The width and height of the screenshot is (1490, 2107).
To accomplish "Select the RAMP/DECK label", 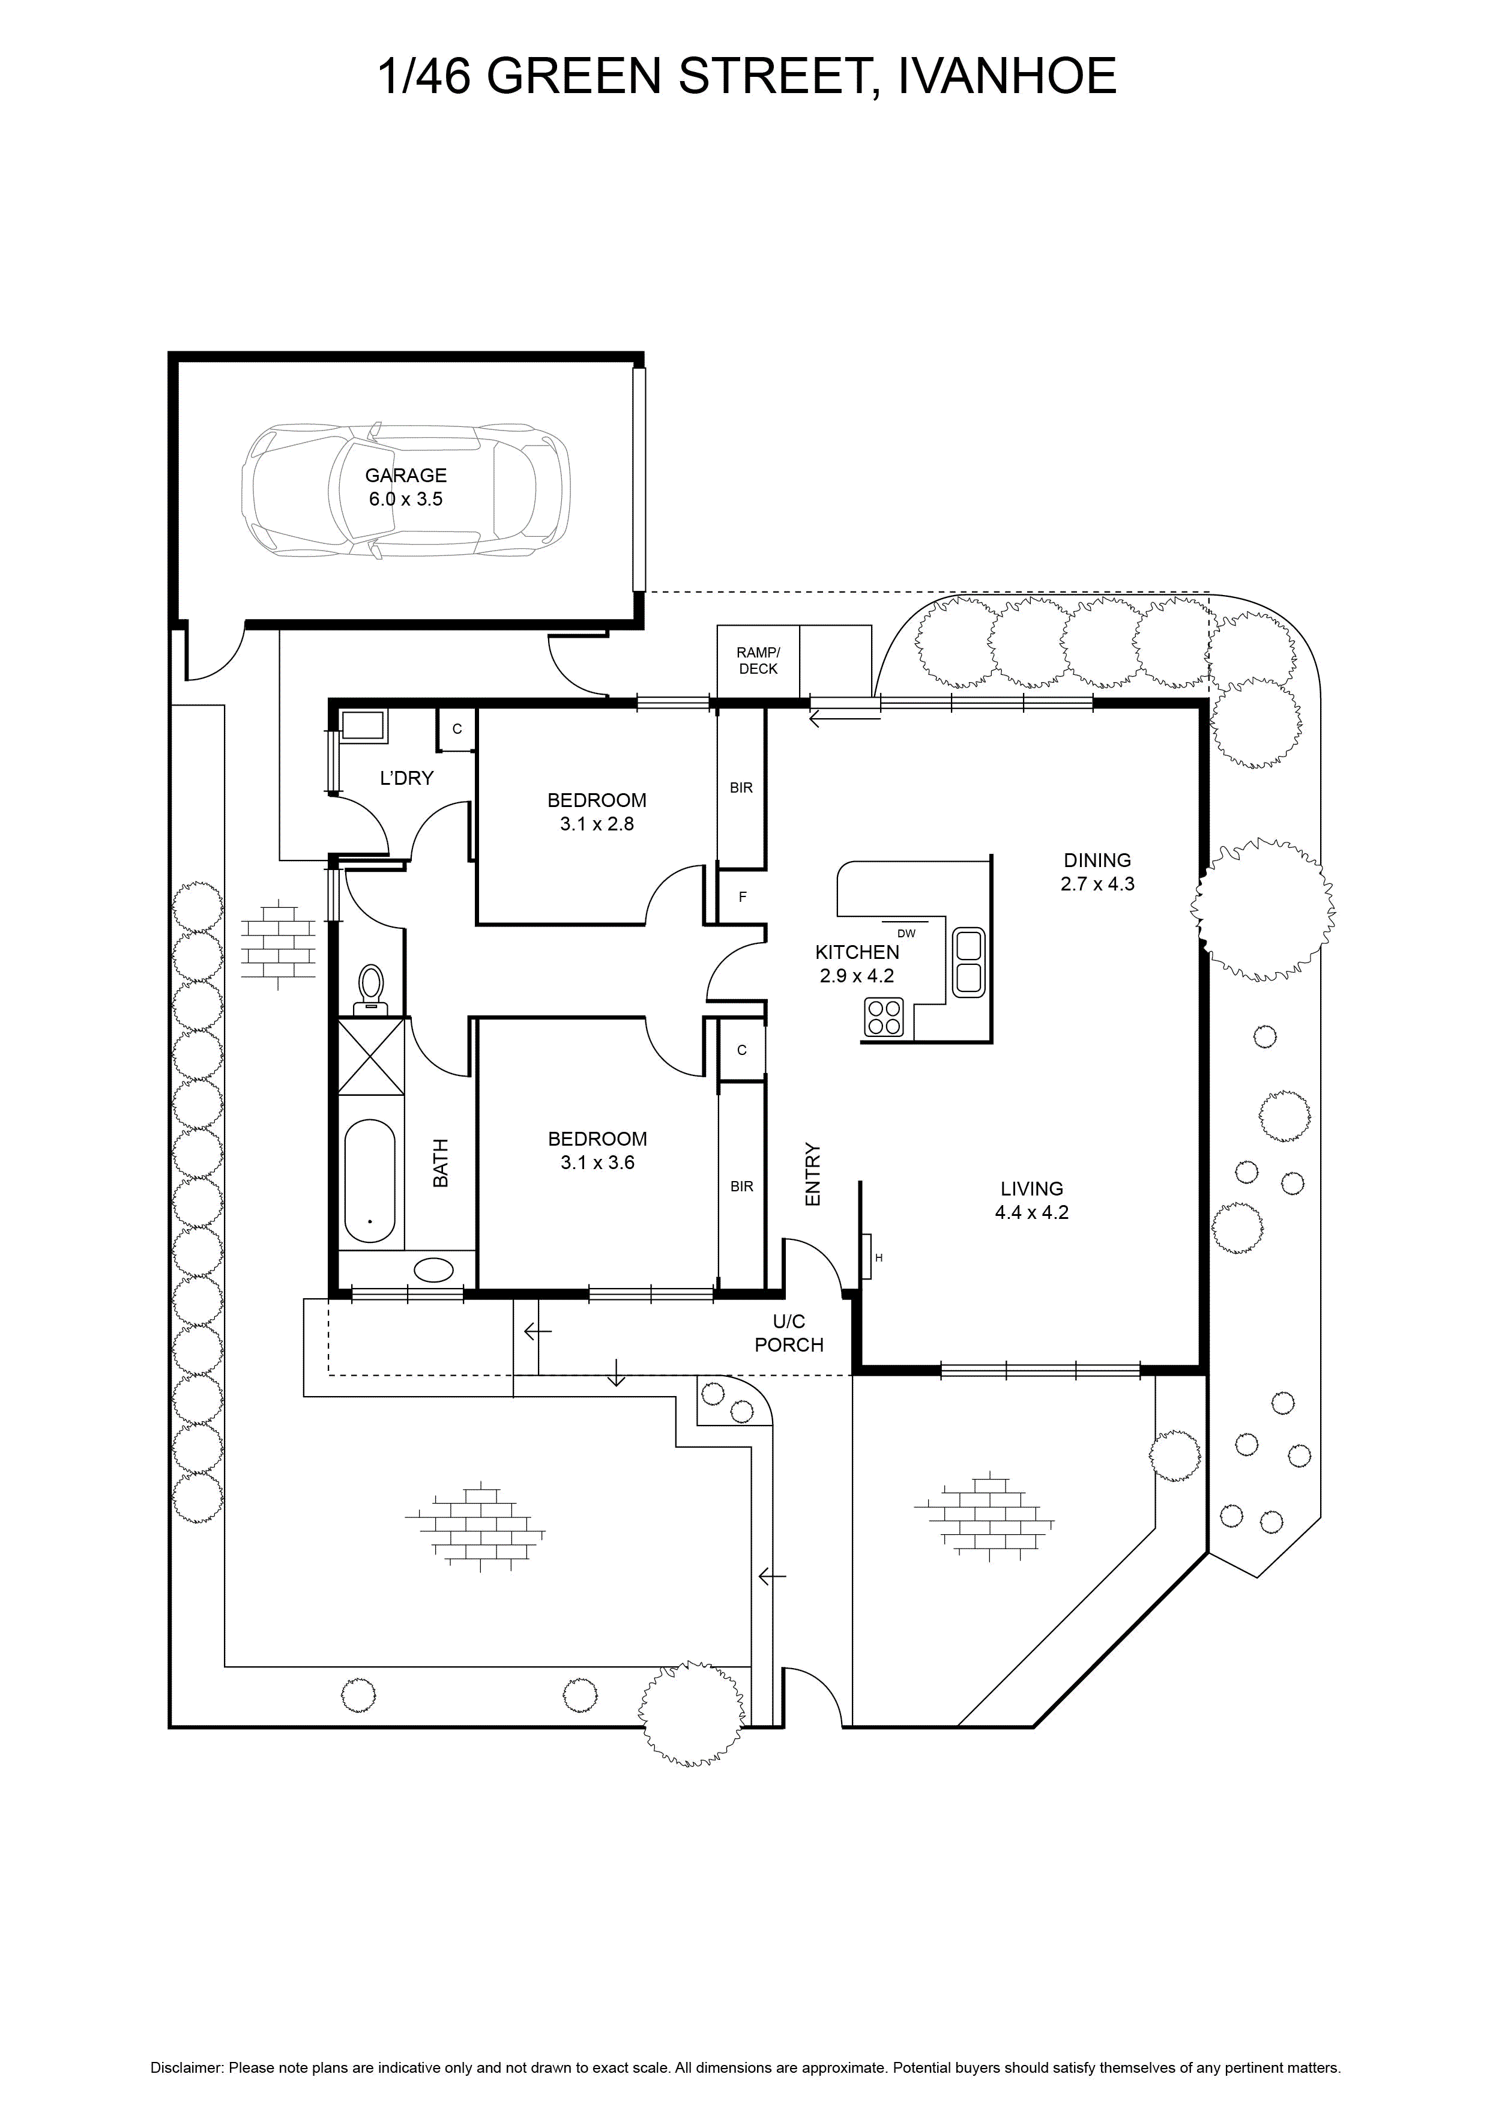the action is [x=758, y=661].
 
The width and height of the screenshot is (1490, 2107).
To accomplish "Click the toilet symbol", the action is [x=370, y=988].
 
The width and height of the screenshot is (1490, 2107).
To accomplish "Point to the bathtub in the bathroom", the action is [x=370, y=1182].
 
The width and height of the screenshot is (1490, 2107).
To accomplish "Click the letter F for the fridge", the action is [x=742, y=898].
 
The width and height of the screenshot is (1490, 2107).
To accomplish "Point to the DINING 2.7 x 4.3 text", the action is [x=1097, y=872].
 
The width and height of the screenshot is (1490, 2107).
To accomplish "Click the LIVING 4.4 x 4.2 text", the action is [x=1032, y=1200].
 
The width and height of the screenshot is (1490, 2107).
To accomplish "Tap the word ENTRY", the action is [x=812, y=1174].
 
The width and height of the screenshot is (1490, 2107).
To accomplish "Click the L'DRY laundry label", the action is [x=406, y=778].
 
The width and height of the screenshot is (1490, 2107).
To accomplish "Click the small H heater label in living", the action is [x=878, y=1258].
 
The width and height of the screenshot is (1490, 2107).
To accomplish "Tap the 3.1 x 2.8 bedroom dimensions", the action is [x=597, y=824].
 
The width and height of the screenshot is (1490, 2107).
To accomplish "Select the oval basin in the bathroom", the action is [x=434, y=1270].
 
